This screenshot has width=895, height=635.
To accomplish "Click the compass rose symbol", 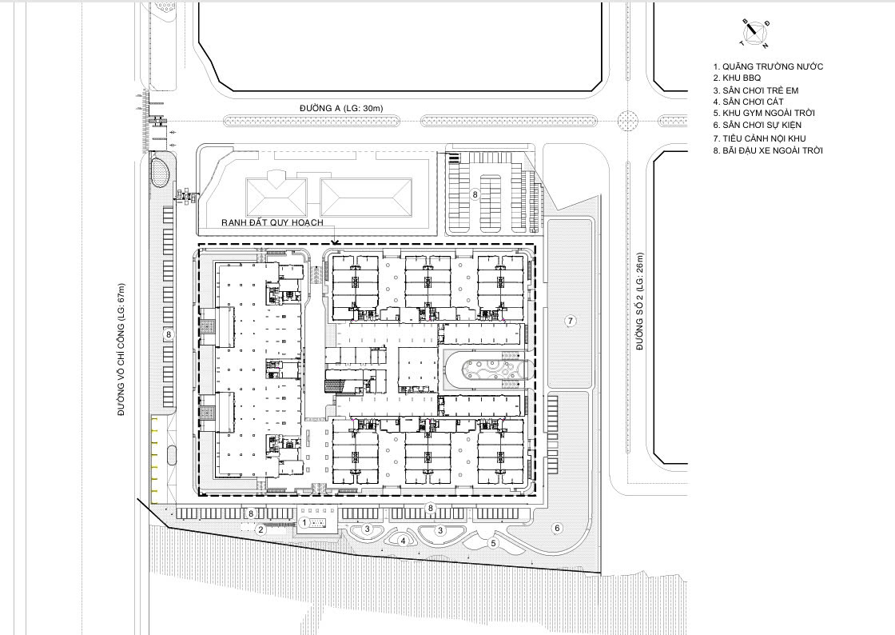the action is point(754,34).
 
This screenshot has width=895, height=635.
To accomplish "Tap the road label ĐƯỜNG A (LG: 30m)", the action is point(341,108).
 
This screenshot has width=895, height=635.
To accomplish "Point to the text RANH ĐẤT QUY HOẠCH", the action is point(272,222).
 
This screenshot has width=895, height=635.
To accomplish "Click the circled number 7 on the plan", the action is point(570,321).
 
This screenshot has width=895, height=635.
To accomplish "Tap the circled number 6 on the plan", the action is point(558,528).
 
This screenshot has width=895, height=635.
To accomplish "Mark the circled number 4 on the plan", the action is point(403,541).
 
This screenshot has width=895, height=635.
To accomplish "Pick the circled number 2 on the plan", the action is point(261,529).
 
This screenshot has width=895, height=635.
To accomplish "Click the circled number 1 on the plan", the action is point(304,522).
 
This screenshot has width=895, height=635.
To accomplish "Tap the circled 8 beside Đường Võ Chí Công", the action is point(169,334).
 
